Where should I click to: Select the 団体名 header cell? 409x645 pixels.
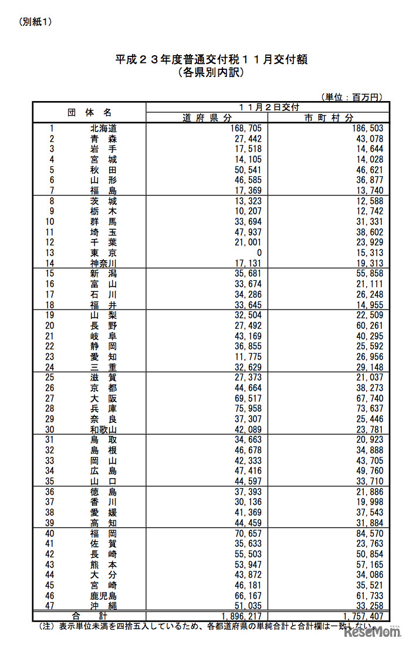pos(89,112)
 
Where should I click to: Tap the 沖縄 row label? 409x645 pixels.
pos(103,605)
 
